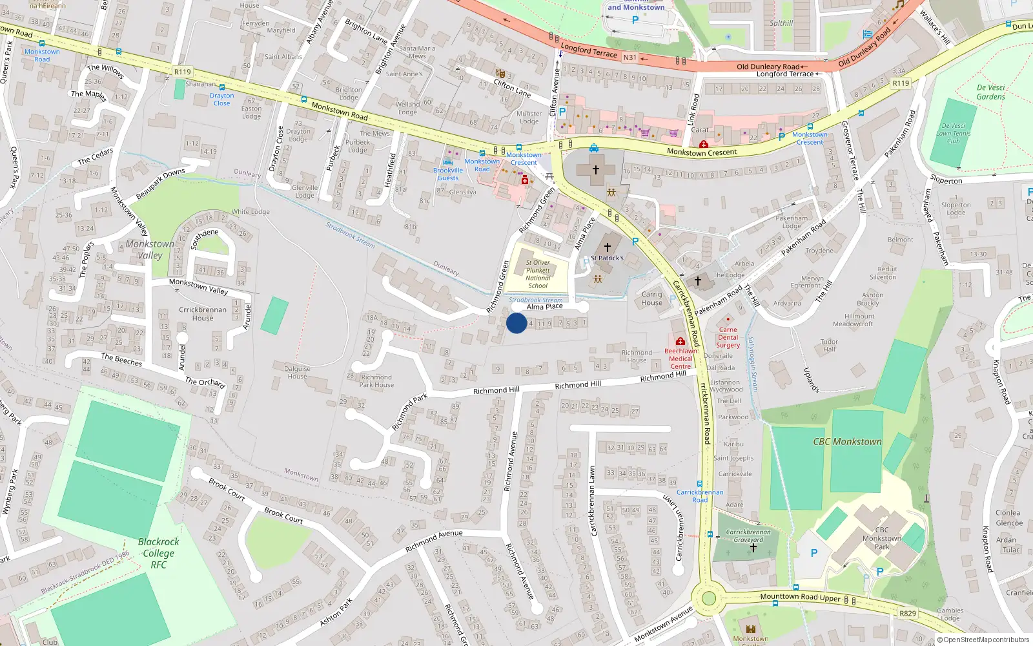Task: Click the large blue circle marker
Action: tap(516, 323)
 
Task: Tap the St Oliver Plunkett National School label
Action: tap(538, 274)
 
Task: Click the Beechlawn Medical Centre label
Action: tap(680, 359)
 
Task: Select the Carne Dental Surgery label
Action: tap(728, 337)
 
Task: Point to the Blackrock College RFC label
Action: tap(159, 553)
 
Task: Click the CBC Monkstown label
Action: tap(847, 442)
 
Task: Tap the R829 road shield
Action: tap(907, 613)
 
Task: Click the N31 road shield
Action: tap(629, 57)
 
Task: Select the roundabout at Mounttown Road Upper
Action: tap(709, 598)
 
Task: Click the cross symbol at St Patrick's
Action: tap(607, 247)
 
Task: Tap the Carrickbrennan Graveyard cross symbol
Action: tap(753, 548)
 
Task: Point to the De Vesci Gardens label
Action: tap(990, 92)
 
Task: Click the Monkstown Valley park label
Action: tap(150, 249)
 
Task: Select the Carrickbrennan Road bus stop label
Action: tap(700, 495)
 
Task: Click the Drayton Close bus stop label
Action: tap(221, 99)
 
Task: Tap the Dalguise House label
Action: tap(297, 372)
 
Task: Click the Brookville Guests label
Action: tap(448, 174)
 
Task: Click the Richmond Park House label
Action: tap(376, 380)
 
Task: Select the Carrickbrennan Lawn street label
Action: tap(593, 501)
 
